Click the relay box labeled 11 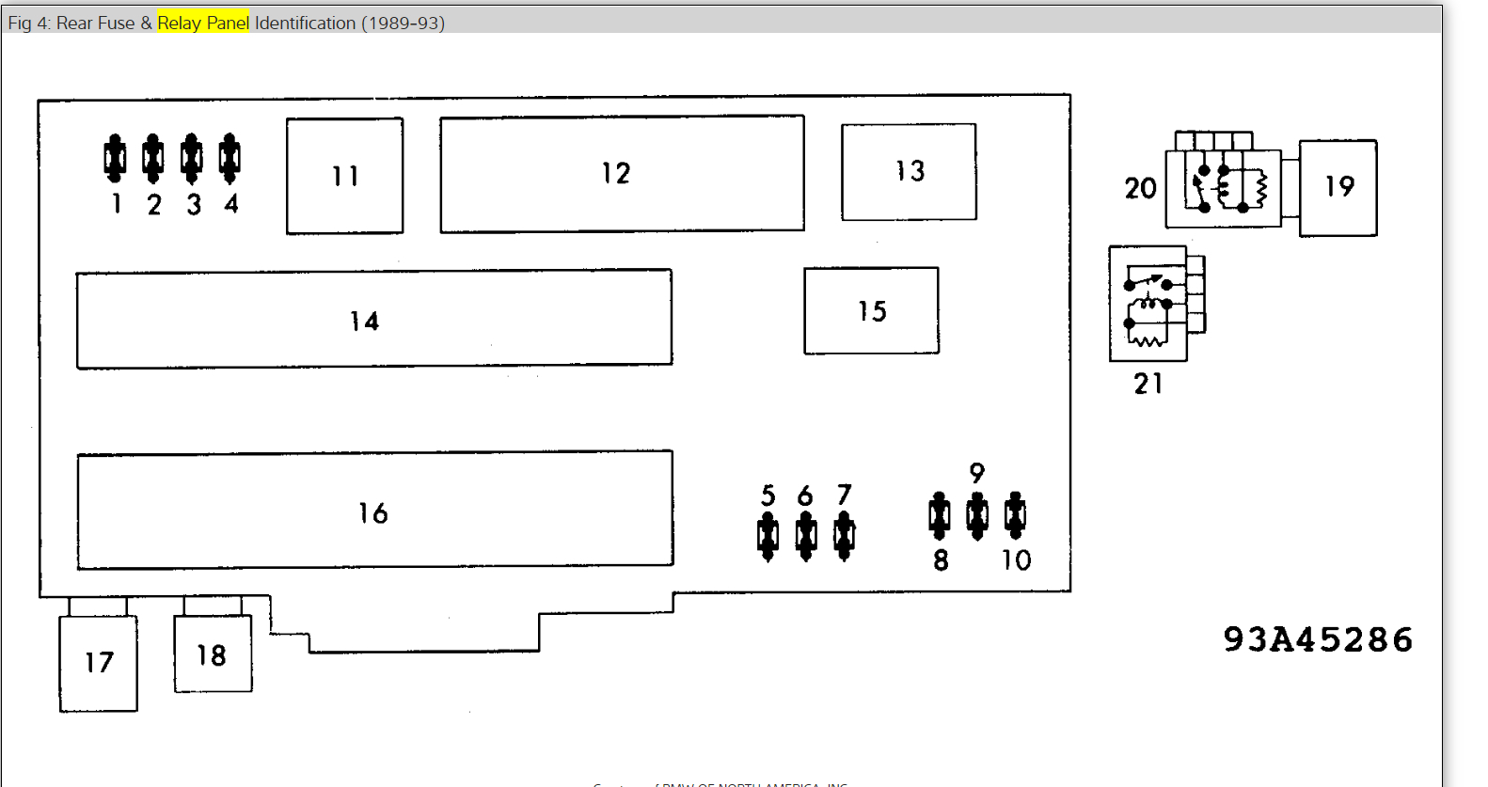[344, 176]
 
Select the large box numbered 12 [622, 173]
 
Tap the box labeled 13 [909, 171]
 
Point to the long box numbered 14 [373, 320]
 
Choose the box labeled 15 [871, 310]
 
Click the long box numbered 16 [374, 511]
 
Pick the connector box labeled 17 [98, 662]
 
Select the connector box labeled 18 [213, 653]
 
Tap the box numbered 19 [1338, 187]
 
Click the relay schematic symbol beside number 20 [1223, 188]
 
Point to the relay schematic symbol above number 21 [1148, 304]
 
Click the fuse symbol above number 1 [115, 158]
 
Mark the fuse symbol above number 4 [230, 158]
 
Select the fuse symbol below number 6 [806, 536]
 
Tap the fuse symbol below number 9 [977, 515]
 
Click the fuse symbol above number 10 [1015, 515]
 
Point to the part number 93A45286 [1318, 639]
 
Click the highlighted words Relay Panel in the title [203, 23]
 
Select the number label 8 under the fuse [941, 560]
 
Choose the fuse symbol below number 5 [768, 536]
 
